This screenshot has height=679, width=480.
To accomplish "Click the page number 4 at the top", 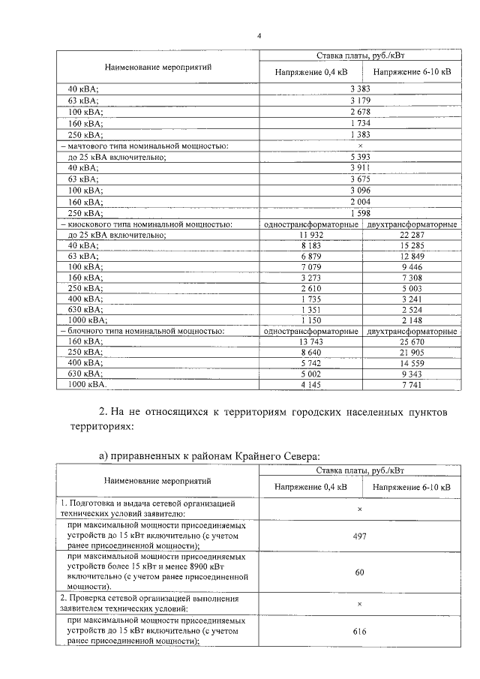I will [x=259, y=35].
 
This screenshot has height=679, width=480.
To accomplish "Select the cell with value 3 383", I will [x=360, y=89].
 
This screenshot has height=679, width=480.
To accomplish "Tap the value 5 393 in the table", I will [x=360, y=157].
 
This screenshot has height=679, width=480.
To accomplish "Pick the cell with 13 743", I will [x=310, y=341].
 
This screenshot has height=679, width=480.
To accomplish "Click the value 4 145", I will [x=310, y=384].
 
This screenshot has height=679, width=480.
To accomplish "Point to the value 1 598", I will [x=360, y=213].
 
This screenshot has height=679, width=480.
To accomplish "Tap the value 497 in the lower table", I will [x=359, y=537].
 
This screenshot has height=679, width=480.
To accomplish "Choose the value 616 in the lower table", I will [x=359, y=632].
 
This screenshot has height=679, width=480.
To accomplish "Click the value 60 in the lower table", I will [x=359, y=572].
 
